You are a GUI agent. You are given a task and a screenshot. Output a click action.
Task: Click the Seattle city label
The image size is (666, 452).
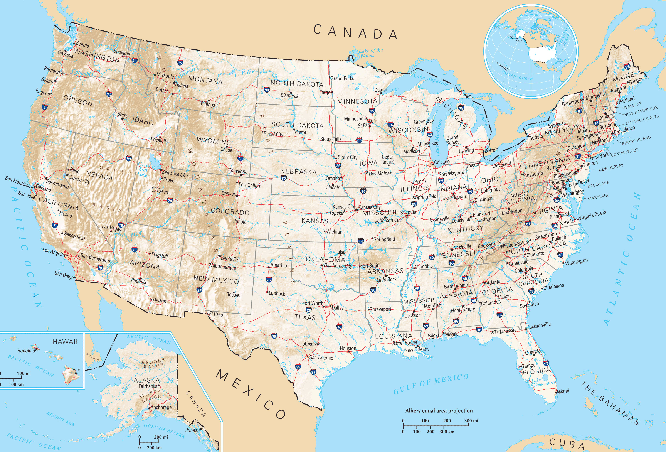coord(82,45)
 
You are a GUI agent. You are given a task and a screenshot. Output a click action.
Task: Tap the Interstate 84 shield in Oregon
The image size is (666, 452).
coord(109,94)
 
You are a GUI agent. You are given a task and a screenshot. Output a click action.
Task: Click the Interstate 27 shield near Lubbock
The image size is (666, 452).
coord(269,280)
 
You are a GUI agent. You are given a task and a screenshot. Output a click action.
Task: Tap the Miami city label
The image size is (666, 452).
coord(563,391)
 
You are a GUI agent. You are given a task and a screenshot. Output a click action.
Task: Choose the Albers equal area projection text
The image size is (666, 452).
coord(439,411)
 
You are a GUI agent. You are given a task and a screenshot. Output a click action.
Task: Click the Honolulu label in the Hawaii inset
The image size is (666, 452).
coord(26,351)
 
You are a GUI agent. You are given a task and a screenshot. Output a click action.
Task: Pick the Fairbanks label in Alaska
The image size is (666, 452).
coord(148,386)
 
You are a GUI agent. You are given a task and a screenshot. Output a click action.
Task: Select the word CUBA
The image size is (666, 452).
coord(567,444)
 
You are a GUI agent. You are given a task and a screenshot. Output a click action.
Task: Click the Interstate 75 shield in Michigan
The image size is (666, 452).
coord(461,108)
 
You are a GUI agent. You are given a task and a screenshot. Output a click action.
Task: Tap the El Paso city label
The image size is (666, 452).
coord(216,314)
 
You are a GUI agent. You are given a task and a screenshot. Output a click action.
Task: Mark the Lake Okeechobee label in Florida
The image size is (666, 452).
coord(543,382)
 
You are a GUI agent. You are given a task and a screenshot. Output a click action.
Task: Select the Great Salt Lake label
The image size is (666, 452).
coord(143,169)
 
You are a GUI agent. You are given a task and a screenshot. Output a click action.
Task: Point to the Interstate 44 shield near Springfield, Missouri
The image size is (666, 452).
coord(360,241)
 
